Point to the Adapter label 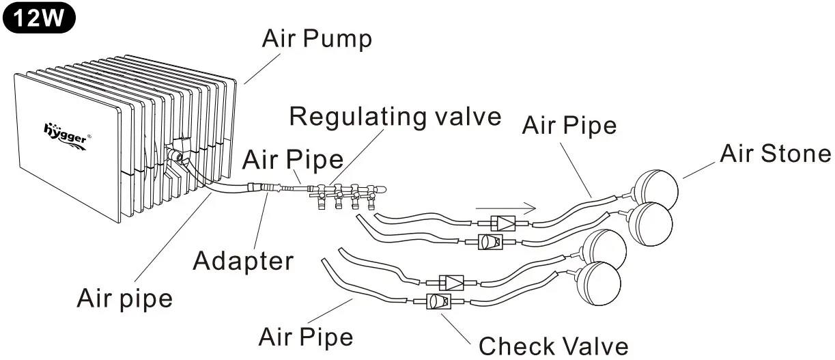(x=244, y=260)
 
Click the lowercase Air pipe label (x=124, y=298)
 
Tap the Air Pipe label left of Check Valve (x=306, y=337)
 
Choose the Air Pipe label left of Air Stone (x=569, y=126)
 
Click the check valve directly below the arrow (x=506, y=223)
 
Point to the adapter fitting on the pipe (x=264, y=186)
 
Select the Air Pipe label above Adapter (x=293, y=160)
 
